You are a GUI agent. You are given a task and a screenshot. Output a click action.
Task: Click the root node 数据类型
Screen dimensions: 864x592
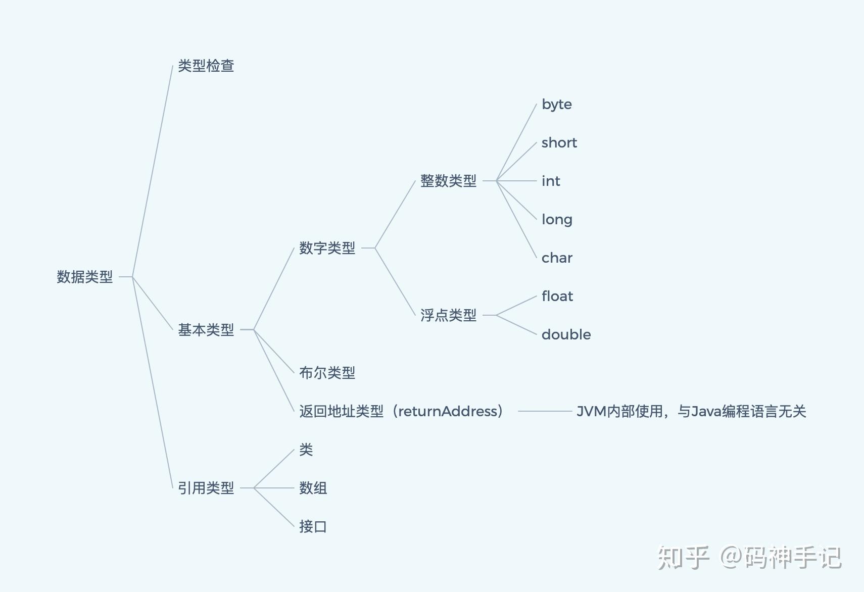84,277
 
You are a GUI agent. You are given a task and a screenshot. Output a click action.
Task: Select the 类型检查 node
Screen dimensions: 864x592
206,66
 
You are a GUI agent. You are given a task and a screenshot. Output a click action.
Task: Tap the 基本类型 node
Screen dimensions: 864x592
206,330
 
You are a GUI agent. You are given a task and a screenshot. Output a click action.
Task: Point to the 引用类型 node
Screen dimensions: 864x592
206,488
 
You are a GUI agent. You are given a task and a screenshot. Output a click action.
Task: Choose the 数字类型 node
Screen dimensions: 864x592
327,248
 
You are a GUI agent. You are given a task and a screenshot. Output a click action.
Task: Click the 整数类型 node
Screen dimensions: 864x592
448,181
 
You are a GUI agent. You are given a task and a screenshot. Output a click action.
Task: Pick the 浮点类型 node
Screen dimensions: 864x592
448,315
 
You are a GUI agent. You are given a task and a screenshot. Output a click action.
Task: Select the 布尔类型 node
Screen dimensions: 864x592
327,373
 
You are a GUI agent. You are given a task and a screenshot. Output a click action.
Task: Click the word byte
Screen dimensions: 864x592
556,105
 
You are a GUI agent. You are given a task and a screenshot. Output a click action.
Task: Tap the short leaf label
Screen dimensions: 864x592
559,143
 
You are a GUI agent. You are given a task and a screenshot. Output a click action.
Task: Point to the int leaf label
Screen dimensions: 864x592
551,181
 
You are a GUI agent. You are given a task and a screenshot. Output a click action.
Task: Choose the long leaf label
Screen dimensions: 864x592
557,220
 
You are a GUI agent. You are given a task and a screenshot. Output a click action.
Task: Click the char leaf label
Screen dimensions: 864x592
557,258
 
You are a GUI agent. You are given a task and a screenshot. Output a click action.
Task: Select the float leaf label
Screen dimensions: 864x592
557,297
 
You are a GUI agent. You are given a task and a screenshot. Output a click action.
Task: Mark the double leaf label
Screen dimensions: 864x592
566,335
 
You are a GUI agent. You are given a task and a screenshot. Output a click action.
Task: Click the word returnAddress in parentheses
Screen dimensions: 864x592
448,412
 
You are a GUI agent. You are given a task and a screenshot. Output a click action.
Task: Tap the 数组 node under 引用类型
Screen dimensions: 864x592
313,488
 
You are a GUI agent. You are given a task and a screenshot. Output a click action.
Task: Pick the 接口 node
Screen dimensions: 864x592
313,526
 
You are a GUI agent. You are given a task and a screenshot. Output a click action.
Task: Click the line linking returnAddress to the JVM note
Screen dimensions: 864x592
545,411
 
